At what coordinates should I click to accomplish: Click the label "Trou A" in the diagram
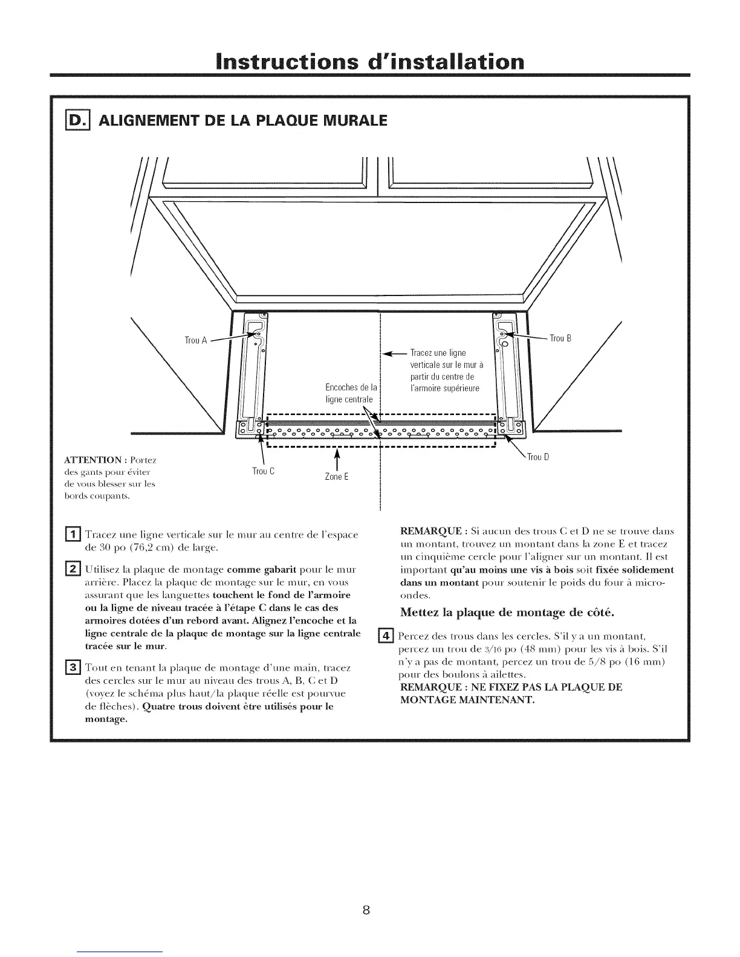[196, 340]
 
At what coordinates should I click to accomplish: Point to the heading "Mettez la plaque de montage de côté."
[507, 613]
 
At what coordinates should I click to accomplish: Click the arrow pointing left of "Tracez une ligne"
[394, 353]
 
